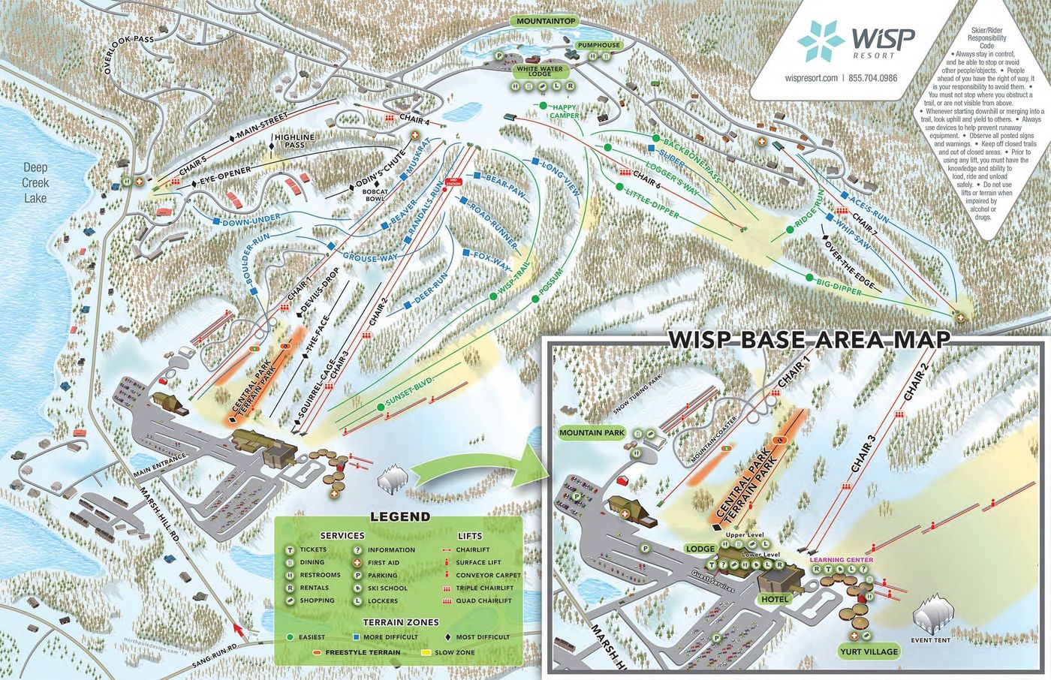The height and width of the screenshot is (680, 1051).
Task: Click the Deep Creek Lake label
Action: [35, 182]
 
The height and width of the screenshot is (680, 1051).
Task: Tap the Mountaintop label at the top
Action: [546, 22]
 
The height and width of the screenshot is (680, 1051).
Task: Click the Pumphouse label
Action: [599, 46]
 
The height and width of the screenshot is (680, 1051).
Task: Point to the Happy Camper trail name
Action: [564, 112]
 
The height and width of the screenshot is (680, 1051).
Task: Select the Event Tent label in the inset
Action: [931, 639]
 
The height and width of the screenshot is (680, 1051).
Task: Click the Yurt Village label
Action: [869, 651]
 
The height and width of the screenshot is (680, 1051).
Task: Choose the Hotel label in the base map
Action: [774, 600]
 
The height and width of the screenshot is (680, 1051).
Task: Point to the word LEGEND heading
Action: [400, 516]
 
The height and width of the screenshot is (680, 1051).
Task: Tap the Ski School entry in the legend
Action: [387, 588]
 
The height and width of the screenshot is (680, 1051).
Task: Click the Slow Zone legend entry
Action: [456, 652]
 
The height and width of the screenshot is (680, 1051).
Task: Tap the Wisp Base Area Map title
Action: [809, 339]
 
